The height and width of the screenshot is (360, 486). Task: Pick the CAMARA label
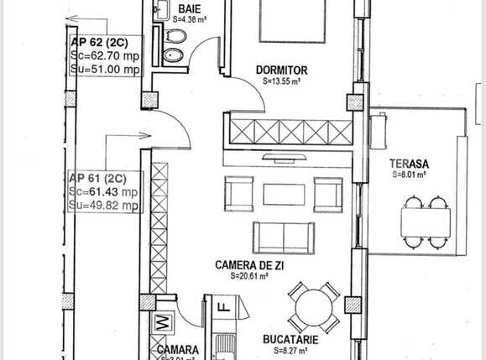pyautogui.click(x=177, y=349)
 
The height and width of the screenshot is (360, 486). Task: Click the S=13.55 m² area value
pyautogui.click(x=281, y=82)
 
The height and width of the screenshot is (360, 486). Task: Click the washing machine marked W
pyautogui.click(x=164, y=321)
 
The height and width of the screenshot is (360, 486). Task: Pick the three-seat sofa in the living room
pyautogui.click(x=284, y=237)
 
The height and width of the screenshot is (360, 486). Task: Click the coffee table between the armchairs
pyautogui.click(x=284, y=195)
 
